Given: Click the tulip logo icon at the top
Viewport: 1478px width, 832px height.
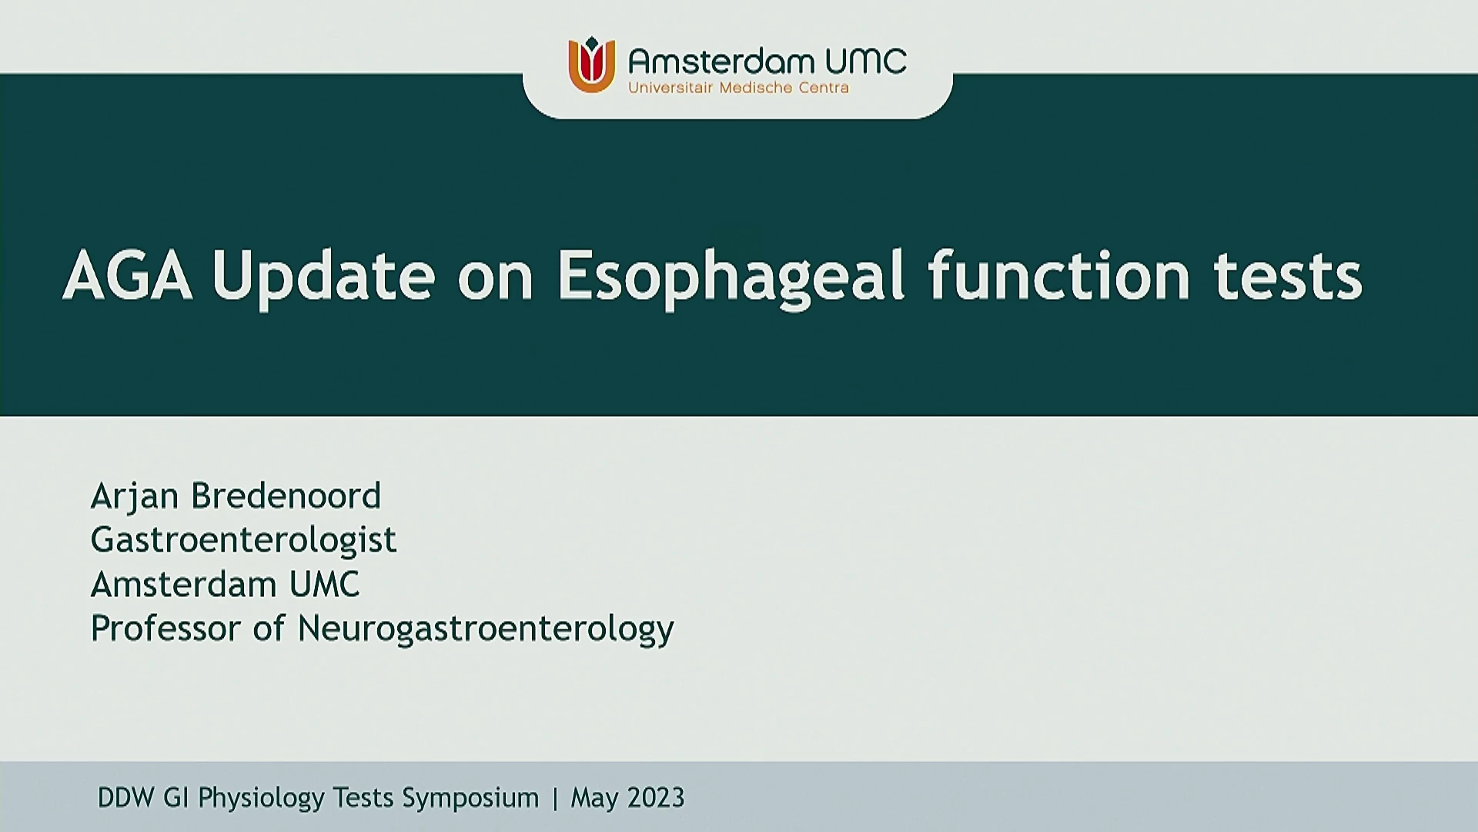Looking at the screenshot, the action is click(x=591, y=65).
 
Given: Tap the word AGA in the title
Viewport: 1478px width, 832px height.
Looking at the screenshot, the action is click(x=128, y=275).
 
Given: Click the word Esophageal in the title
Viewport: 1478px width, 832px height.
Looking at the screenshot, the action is click(x=731, y=278).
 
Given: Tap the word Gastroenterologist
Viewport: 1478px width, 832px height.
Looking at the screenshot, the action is click(x=243, y=541).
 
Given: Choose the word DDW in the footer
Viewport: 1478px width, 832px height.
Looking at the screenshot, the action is click(x=125, y=797).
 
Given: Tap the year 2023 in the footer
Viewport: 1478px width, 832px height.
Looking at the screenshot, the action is click(x=655, y=797).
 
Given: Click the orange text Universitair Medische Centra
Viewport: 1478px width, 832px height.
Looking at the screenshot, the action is click(x=738, y=88).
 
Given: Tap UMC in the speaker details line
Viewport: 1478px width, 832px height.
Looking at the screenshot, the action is click(x=324, y=585).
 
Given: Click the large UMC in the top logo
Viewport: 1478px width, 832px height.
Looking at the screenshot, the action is click(x=865, y=61).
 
